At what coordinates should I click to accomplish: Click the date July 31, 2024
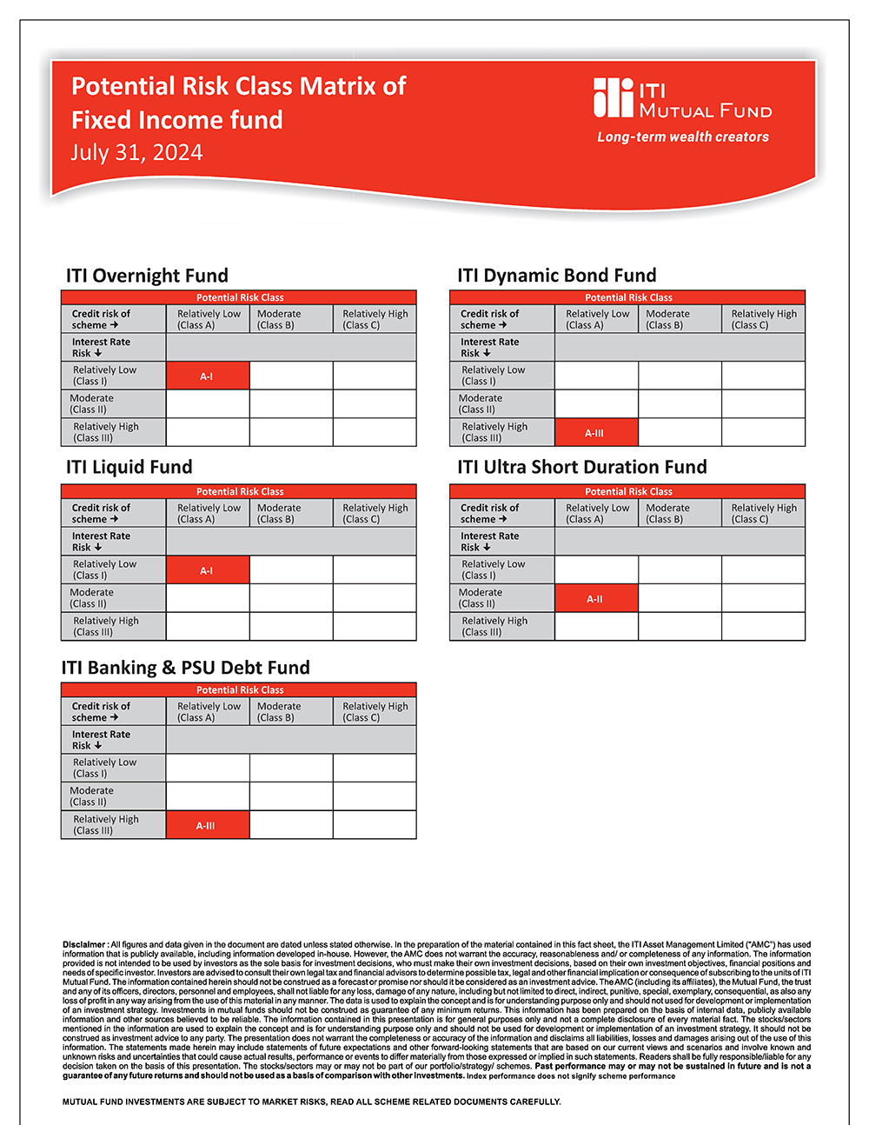click(x=136, y=153)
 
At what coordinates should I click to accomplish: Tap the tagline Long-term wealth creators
click(x=683, y=137)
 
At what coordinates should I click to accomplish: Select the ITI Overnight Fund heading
click(x=147, y=276)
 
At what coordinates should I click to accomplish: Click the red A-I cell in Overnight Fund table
click(x=207, y=376)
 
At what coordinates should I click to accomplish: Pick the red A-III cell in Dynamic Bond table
click(x=595, y=433)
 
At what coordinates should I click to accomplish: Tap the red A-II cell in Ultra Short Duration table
click(x=595, y=599)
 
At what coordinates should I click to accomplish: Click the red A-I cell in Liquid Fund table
click(x=207, y=570)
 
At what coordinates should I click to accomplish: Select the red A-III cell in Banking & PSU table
click(x=207, y=825)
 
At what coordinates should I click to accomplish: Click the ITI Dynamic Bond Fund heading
click(x=557, y=276)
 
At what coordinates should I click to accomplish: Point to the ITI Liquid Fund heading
click(x=129, y=467)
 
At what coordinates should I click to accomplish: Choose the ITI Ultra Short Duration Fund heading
click(x=582, y=467)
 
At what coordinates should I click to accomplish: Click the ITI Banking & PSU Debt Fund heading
click(x=186, y=668)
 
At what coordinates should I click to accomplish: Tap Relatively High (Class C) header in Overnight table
click(x=375, y=319)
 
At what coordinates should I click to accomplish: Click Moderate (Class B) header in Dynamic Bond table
click(x=667, y=319)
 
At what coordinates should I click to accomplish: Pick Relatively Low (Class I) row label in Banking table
click(x=104, y=768)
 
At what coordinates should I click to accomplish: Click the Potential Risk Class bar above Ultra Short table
click(x=628, y=491)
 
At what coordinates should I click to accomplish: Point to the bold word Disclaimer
click(x=84, y=944)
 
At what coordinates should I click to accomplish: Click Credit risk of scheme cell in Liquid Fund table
click(x=101, y=513)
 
